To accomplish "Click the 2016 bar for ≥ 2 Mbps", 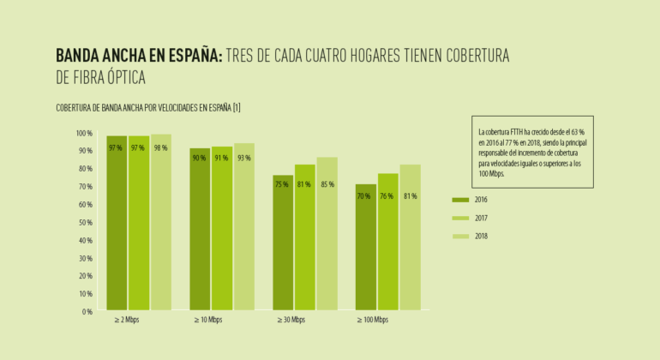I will [x=117, y=223].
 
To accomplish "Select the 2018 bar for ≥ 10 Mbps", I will [x=244, y=226].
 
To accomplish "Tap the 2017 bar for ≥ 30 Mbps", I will [x=304, y=237].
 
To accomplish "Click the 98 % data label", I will [x=160, y=147].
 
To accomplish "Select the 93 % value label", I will [x=244, y=158].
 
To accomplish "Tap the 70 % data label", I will [x=365, y=196].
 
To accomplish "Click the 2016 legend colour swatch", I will [x=460, y=200].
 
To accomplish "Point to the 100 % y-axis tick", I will [x=83, y=134].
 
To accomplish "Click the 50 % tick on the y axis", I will [x=84, y=223].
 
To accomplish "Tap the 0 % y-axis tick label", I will [x=87, y=312].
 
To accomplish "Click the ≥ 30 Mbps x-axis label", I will [x=291, y=321].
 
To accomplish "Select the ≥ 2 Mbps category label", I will [x=127, y=321].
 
